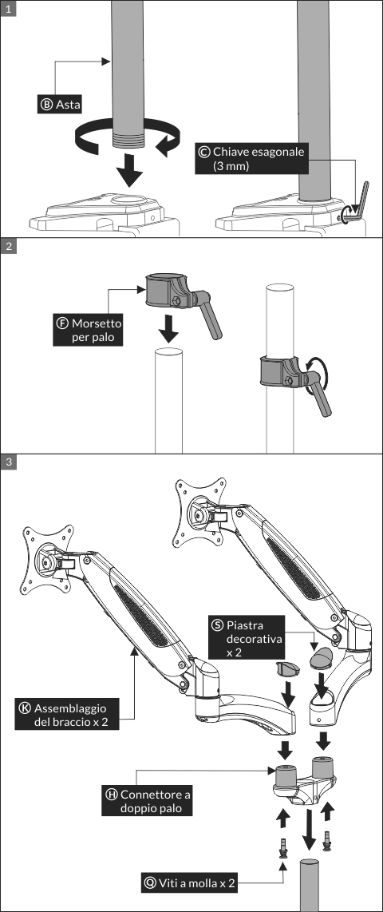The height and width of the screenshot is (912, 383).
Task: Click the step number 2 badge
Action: tap(8, 245)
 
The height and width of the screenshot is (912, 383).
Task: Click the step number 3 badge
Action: tap(8, 462)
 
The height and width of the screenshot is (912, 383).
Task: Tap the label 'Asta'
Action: tap(60, 105)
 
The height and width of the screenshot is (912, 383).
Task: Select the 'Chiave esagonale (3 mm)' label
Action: tap(251, 159)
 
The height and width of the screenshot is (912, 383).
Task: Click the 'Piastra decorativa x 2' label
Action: tap(247, 639)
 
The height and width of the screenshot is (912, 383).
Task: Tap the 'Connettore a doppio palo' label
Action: tap(148, 802)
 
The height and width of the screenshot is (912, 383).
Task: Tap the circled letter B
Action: tap(47, 105)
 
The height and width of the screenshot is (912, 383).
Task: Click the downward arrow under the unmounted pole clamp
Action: tap(168, 329)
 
